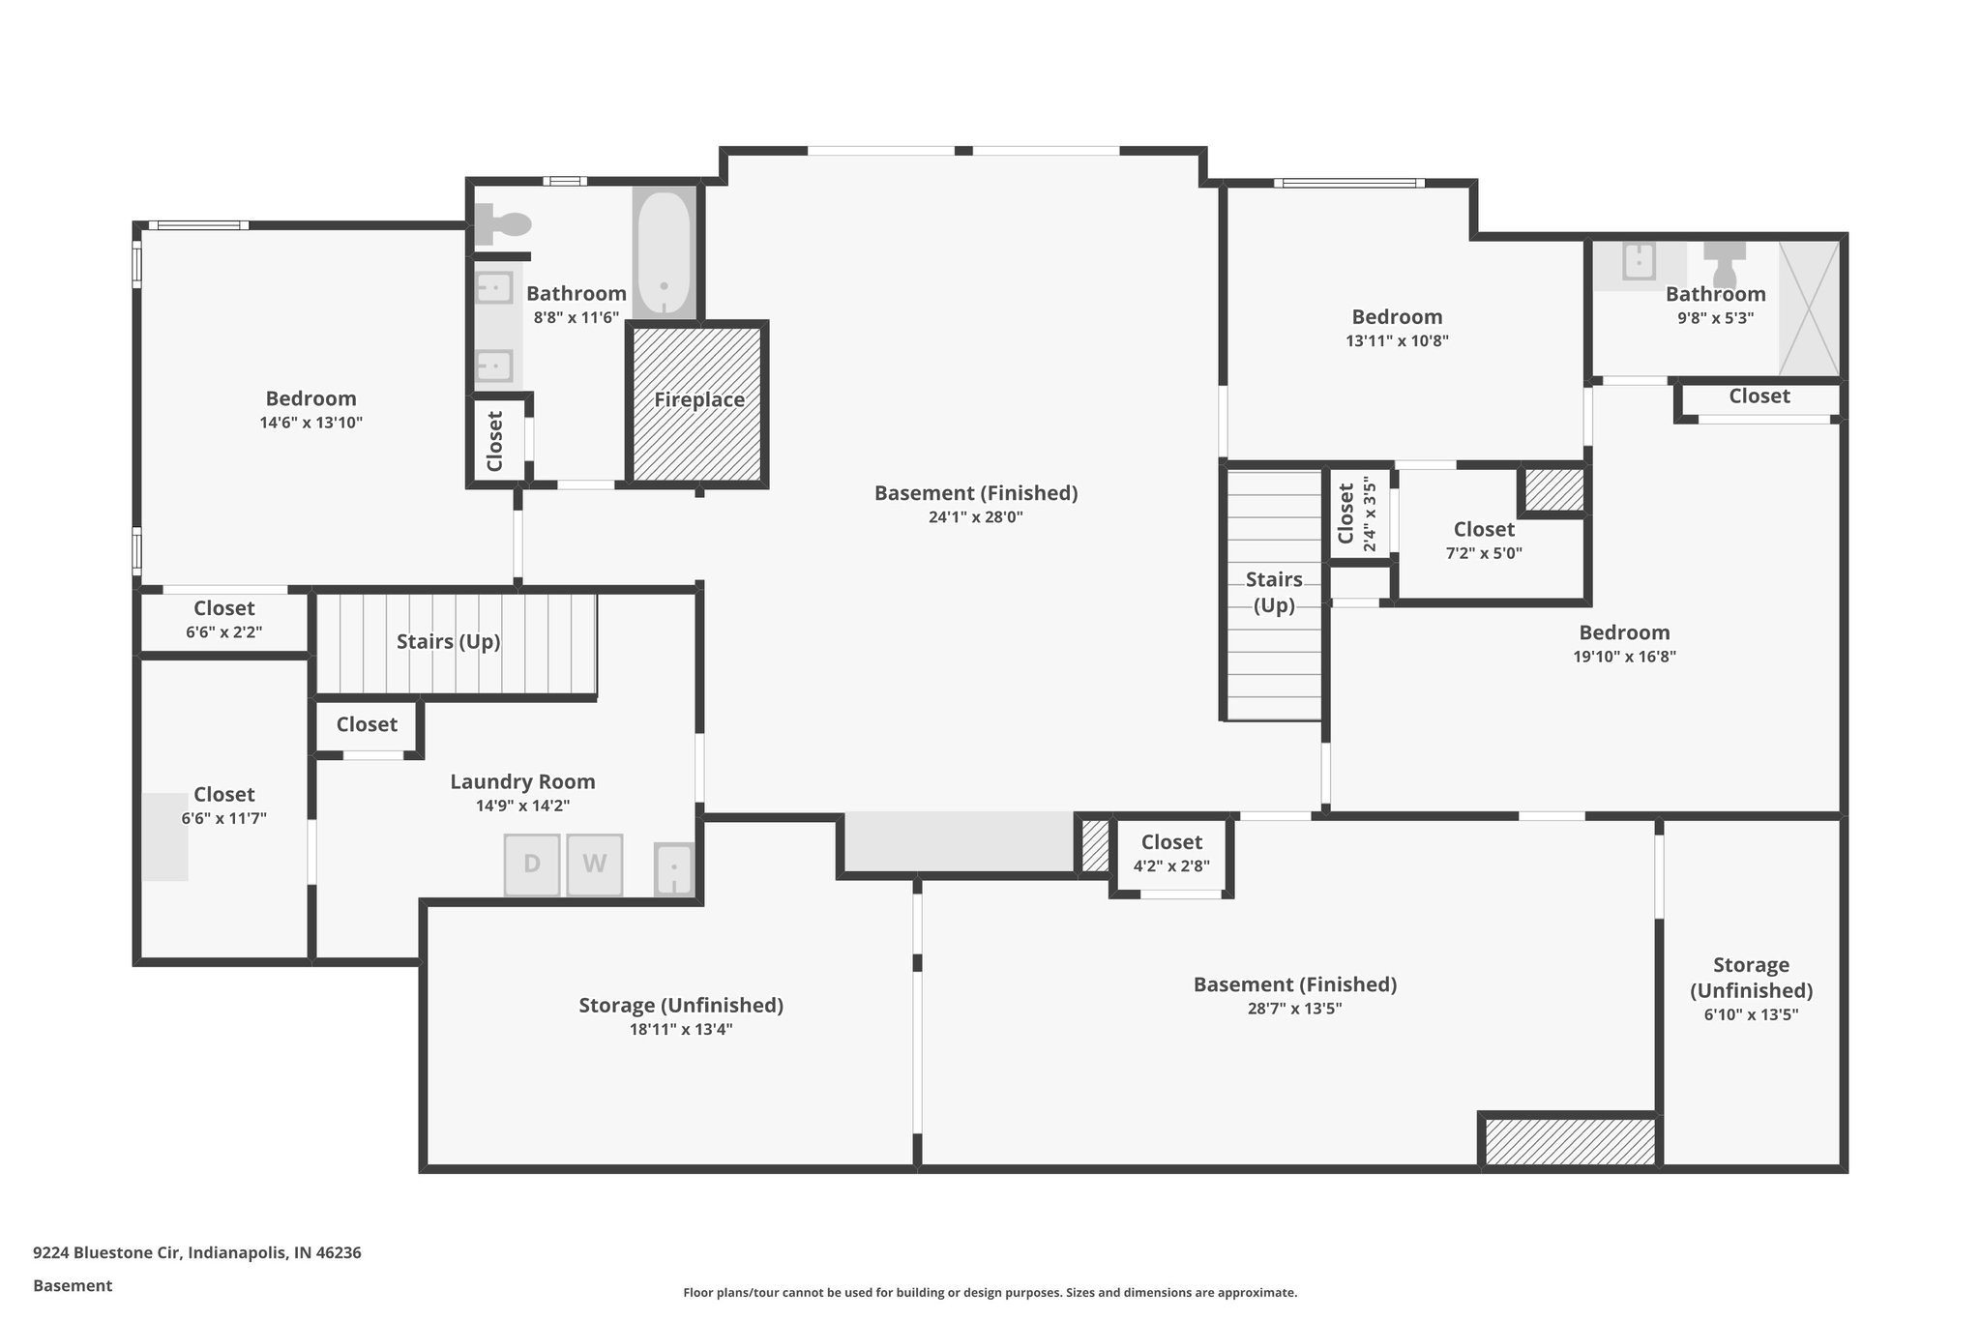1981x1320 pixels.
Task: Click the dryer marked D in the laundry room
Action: click(532, 865)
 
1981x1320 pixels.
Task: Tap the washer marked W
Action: click(594, 865)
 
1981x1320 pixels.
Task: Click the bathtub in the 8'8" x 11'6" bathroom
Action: click(664, 252)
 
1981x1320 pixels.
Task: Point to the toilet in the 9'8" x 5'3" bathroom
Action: click(1725, 264)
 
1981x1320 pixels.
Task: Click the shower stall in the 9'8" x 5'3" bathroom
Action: click(1808, 308)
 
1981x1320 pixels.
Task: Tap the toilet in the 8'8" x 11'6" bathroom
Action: click(503, 224)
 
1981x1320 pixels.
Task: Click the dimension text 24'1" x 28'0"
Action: click(975, 517)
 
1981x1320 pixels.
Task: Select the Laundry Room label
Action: click(522, 781)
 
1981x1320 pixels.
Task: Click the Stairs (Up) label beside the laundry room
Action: click(448, 642)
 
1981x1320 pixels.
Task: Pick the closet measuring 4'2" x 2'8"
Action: click(1171, 853)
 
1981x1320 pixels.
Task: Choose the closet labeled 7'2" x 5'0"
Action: click(1484, 541)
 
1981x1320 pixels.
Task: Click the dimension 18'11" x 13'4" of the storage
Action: click(681, 1030)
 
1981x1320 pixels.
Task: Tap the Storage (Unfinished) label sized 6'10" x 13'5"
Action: click(1751, 978)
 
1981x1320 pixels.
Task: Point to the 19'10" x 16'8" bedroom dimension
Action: click(1624, 657)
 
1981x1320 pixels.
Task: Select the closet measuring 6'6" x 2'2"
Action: click(223, 620)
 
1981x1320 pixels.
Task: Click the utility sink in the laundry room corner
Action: click(674, 869)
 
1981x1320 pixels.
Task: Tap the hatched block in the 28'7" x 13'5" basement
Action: click(1569, 1141)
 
